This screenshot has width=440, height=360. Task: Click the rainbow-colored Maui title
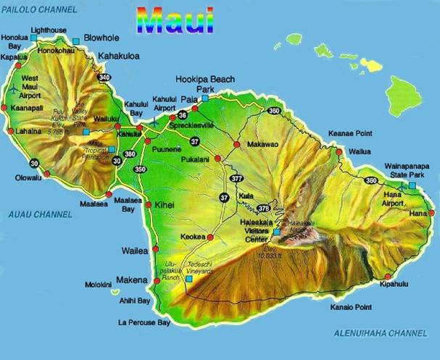176,20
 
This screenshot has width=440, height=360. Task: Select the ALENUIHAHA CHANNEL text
380,333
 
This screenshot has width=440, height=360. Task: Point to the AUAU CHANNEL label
40,214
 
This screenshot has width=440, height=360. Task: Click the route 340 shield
104,78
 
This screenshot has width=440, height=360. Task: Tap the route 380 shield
130,154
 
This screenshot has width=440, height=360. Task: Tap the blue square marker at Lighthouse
33,37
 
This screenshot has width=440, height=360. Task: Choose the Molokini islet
115,292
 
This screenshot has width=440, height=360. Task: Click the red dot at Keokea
210,237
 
